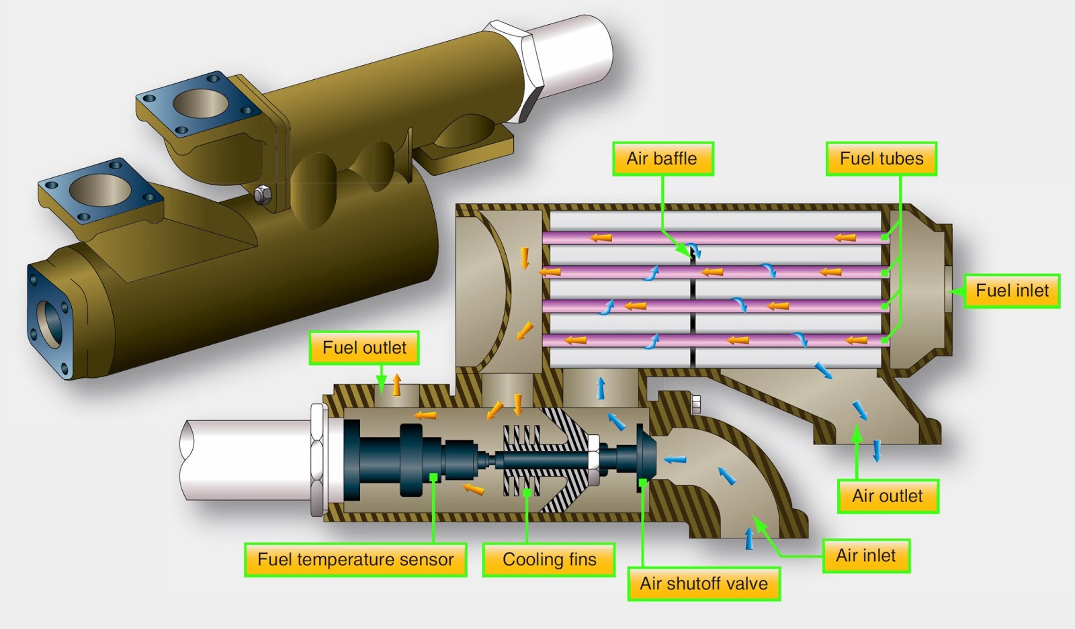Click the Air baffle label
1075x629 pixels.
[662, 159]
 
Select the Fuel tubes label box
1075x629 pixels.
[881, 159]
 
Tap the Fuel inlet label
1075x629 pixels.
[1012, 291]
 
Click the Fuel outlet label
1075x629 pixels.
[364, 348]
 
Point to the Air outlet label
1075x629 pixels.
[888, 496]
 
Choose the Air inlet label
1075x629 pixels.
[865, 556]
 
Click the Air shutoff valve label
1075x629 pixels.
[703, 583]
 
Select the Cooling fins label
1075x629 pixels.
[549, 559]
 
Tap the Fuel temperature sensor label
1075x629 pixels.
[355, 559]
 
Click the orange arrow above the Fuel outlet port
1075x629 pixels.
[397, 385]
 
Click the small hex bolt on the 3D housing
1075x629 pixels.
[262, 195]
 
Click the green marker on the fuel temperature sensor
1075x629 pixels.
[434, 477]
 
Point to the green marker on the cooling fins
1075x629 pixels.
[527, 492]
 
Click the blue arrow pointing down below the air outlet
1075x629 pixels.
[877, 451]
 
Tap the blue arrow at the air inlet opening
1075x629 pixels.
[750, 538]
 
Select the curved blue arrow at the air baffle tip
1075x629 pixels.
[695, 251]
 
